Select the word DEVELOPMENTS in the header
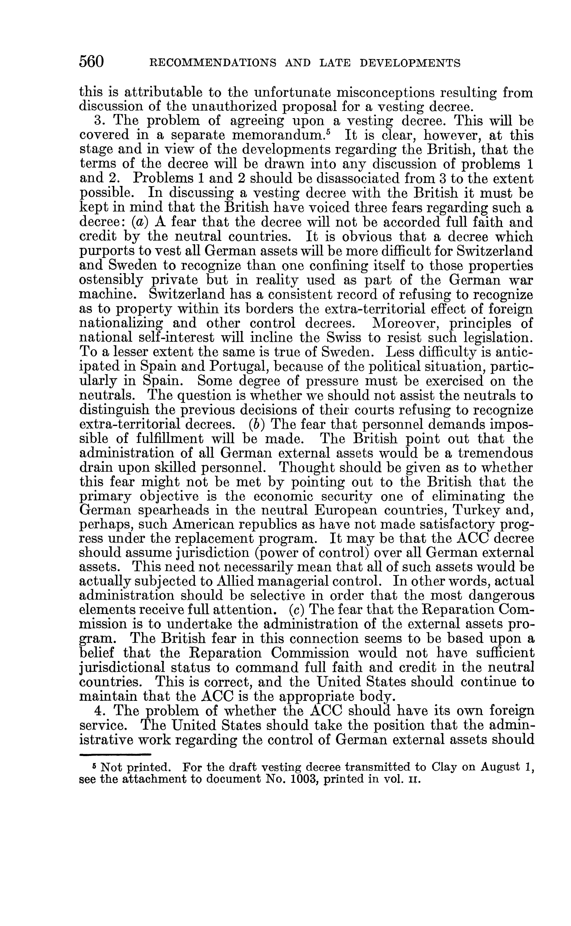(410, 63)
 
